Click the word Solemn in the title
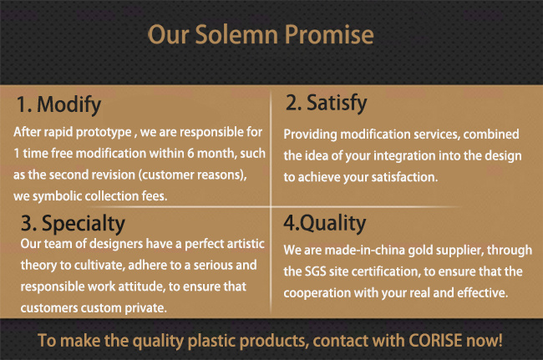[236, 34]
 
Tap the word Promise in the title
[329, 34]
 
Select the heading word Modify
[69, 105]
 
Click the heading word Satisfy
[337, 103]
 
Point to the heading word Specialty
[83, 224]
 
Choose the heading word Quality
[332, 223]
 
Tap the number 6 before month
[190, 154]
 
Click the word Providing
[310, 134]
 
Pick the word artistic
[245, 244]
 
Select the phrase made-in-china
[365, 251]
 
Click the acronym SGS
[316, 271]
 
